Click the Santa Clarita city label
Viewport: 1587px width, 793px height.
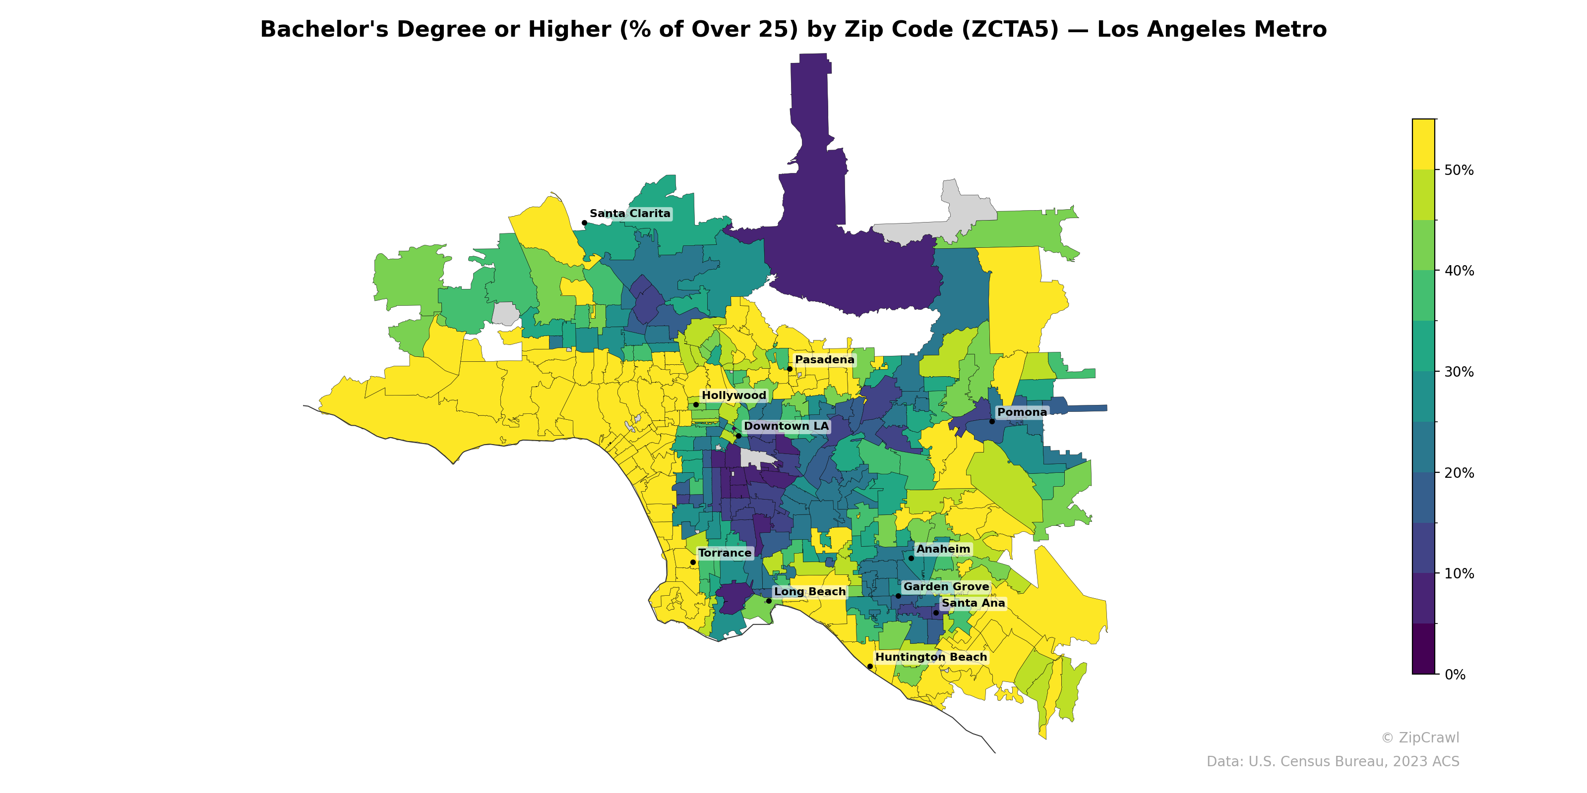(x=630, y=214)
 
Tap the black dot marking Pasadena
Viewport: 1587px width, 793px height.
(x=789, y=369)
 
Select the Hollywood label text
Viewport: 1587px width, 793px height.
(x=734, y=396)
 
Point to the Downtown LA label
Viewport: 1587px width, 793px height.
(x=786, y=426)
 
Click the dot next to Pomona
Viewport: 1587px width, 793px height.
(x=992, y=421)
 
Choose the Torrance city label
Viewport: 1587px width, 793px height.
(x=725, y=553)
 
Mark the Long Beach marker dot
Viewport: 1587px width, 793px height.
(x=768, y=601)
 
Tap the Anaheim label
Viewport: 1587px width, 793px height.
(x=943, y=549)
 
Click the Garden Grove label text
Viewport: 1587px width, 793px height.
(x=946, y=587)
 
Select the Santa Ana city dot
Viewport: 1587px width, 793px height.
(x=936, y=613)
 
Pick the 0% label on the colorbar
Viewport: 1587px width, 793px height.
(x=1455, y=675)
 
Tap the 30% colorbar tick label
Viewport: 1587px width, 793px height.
(x=1459, y=372)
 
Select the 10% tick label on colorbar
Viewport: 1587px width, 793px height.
(x=1459, y=574)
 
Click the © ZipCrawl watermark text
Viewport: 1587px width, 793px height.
(x=1420, y=737)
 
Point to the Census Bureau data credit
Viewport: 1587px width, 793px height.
(x=1333, y=762)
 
